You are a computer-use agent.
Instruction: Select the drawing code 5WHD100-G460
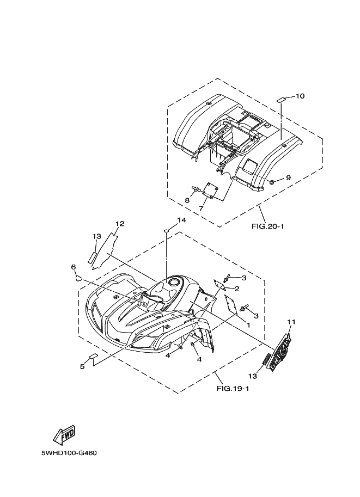69,453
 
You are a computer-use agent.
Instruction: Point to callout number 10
300,96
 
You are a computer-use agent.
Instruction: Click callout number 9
288,178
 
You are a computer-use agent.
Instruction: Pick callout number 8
187,200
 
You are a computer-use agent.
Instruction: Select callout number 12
120,224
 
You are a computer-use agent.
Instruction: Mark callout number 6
72,267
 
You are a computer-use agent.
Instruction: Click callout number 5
82,366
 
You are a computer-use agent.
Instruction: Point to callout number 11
291,322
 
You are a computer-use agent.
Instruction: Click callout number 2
237,288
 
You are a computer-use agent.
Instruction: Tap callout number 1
248,325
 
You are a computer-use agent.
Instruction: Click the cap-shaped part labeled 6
78,277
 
